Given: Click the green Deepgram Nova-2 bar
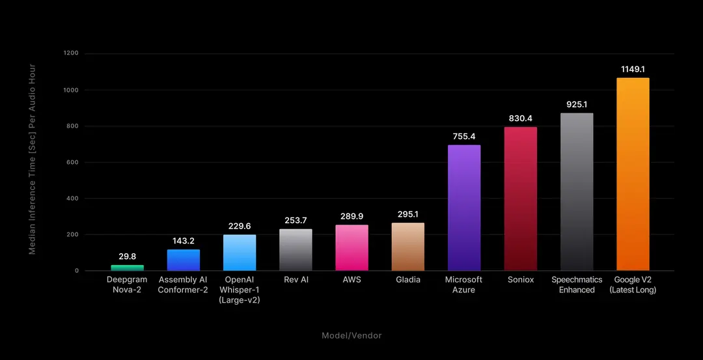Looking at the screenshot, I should (128, 268).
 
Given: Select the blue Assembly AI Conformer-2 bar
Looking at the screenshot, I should (184, 260).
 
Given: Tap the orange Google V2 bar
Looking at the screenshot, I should (633, 174).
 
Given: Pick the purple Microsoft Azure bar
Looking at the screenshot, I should (464, 208).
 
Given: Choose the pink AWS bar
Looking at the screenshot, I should (351, 247).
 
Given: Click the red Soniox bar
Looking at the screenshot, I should (521, 199).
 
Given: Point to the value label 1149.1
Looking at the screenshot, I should (633, 69).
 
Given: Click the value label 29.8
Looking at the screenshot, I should (128, 257).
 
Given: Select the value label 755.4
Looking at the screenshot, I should (464, 136).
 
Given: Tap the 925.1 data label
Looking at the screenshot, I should (577, 104).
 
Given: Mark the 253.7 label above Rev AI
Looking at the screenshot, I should (296, 220).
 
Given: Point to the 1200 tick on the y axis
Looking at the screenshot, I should (71, 54).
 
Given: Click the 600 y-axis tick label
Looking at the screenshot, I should (73, 162).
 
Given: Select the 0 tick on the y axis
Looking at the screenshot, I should (77, 271).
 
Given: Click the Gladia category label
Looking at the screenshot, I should (408, 280).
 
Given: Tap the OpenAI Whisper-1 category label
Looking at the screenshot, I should (240, 290).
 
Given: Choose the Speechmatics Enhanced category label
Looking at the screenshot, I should (577, 284).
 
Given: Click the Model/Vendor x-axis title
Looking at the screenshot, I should (351, 335).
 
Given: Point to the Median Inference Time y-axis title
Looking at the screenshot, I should (32, 159).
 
